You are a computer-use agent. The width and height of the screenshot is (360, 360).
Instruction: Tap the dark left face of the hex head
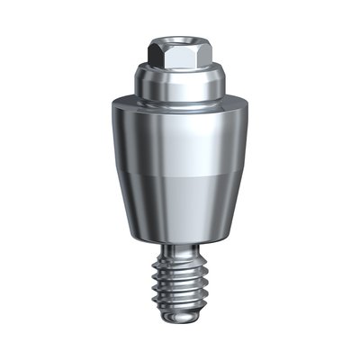pos(159,55)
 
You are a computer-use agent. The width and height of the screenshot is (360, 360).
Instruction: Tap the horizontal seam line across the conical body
pos(179,174)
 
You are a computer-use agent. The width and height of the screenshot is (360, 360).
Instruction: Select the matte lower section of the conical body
pos(179,207)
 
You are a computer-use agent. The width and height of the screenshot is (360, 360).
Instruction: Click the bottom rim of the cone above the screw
pos(179,244)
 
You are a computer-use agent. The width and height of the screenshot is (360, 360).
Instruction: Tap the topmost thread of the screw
pos(179,264)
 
